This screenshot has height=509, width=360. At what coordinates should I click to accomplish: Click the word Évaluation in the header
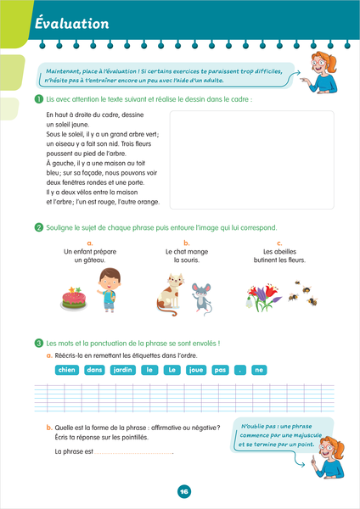click(x=72, y=24)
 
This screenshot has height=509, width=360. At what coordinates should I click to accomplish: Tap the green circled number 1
click(x=39, y=99)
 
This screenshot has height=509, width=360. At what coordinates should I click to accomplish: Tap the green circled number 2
click(x=39, y=227)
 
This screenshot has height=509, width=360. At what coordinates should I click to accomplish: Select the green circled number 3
click(x=39, y=343)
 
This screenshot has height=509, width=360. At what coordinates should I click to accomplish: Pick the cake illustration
click(x=74, y=299)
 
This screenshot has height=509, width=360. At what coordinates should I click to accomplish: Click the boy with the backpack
click(x=109, y=290)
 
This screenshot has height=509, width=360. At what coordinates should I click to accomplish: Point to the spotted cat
click(x=170, y=294)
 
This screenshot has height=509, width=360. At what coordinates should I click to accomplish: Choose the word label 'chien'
click(x=67, y=370)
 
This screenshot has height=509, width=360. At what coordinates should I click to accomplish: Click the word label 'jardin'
click(x=123, y=370)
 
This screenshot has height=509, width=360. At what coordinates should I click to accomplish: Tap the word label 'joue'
click(x=196, y=370)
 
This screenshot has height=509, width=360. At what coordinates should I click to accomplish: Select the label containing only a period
click(x=240, y=370)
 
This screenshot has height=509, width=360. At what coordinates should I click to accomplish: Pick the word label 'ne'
click(x=259, y=370)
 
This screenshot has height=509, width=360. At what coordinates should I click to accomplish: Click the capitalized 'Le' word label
click(x=172, y=370)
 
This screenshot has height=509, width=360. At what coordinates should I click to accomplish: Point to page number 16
click(x=184, y=491)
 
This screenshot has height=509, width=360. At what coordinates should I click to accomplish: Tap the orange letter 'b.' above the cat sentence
click(x=187, y=243)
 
